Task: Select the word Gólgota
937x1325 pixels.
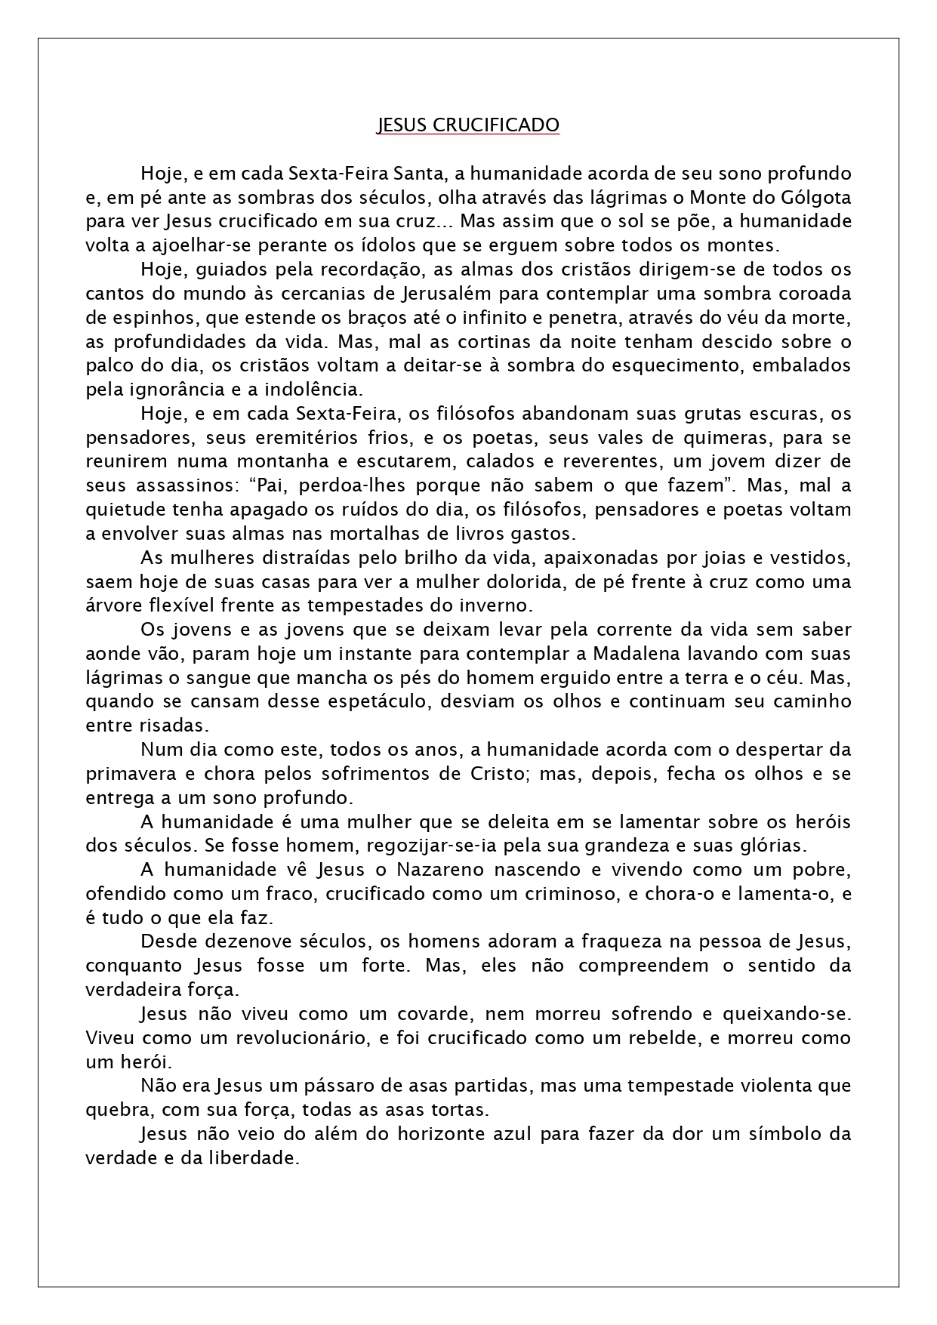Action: point(814,198)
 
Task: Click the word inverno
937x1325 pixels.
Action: point(501,605)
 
